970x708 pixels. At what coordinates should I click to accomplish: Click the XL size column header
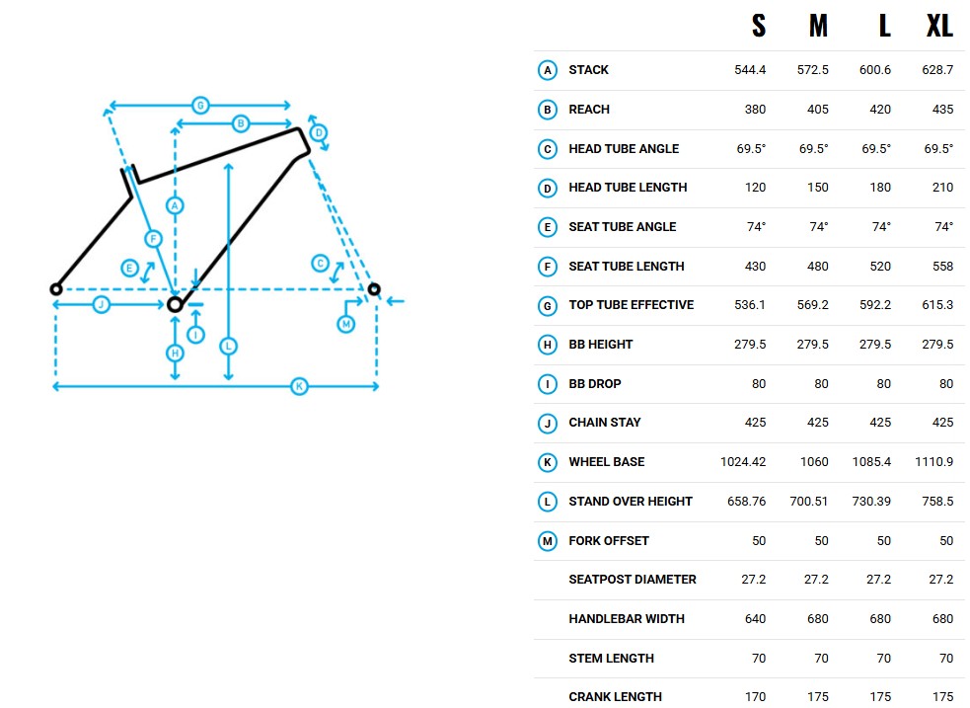point(939,26)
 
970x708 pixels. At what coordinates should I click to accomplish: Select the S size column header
point(759,26)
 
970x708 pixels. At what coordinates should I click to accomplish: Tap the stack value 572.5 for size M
point(812,70)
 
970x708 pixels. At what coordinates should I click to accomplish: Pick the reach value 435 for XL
point(942,110)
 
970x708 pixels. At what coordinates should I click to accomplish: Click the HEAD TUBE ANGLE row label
point(624,148)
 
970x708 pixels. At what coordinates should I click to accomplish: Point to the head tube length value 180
point(880,188)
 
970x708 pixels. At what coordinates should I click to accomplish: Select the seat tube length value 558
point(942,267)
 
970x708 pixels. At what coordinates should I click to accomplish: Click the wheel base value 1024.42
point(743,462)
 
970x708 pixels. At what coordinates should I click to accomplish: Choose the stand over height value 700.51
point(808,502)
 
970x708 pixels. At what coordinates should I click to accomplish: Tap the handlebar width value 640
point(755,619)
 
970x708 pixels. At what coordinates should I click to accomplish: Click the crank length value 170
point(755,697)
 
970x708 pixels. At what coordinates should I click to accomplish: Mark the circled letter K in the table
point(548,462)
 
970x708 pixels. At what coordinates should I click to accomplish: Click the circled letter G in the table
point(548,306)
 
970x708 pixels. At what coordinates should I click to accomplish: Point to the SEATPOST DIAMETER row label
point(633,580)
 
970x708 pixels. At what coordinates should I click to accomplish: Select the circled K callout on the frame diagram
point(299,387)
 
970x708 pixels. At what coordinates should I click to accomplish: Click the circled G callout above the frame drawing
point(199,106)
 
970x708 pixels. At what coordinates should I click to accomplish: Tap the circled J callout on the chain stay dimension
point(102,304)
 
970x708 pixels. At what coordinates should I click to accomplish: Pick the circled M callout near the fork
point(345,324)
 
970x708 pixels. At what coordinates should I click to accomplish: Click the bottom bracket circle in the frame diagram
point(175,304)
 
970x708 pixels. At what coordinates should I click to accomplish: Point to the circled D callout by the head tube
point(319,133)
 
